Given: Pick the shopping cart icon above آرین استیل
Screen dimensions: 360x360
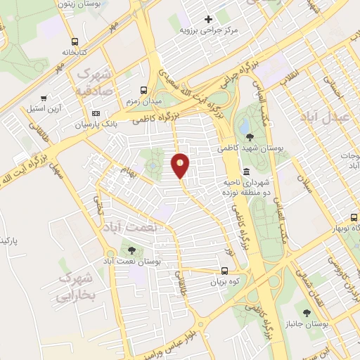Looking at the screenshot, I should pyautogui.click(x=44, y=99).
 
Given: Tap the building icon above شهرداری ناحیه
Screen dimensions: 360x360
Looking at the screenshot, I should pyautogui.click(x=245, y=172).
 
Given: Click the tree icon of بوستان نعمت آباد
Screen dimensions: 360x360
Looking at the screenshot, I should pyautogui.click(x=131, y=250).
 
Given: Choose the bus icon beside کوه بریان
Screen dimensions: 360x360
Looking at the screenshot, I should pyautogui.click(x=224, y=271).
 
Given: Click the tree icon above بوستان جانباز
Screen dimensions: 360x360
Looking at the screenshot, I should pyautogui.click(x=307, y=311).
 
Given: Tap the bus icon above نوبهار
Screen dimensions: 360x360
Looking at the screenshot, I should pyautogui.click(x=354, y=217).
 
